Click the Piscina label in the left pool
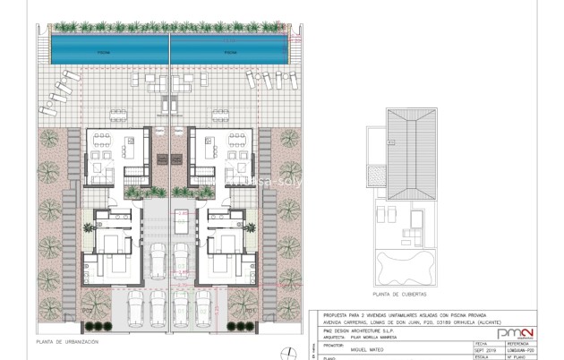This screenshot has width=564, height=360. tap(106, 52)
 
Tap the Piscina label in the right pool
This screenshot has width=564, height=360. tap(230, 52)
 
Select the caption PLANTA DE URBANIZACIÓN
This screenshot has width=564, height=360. tap(67, 341)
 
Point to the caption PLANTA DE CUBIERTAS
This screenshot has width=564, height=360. tap(399, 294)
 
